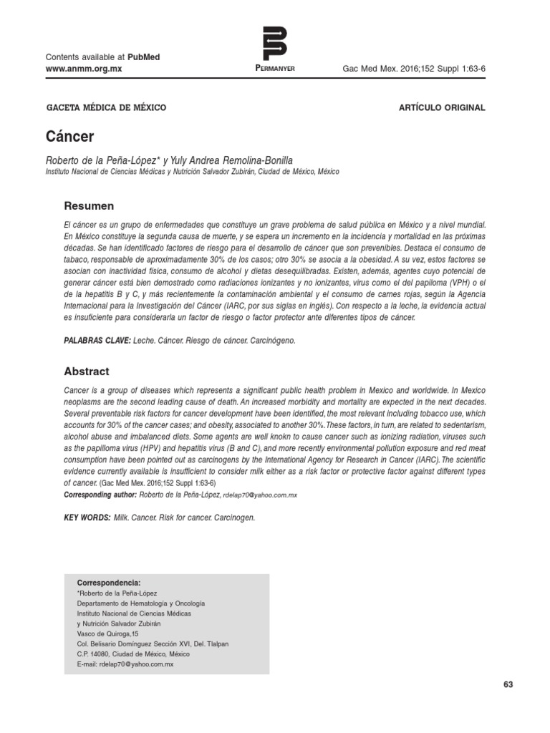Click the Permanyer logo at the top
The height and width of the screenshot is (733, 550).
274,43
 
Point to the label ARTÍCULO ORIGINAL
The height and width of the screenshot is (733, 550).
441,107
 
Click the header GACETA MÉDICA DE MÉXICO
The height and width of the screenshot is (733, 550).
106,107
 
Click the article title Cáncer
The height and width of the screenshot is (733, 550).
69,135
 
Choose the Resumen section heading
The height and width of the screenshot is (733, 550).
90,206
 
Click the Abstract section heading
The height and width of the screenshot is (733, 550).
87,372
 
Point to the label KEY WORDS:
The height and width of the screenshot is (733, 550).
86,516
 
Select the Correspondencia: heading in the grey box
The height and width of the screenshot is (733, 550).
108,583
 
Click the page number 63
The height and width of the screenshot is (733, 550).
508,684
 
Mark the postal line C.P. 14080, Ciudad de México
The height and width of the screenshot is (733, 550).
132,654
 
